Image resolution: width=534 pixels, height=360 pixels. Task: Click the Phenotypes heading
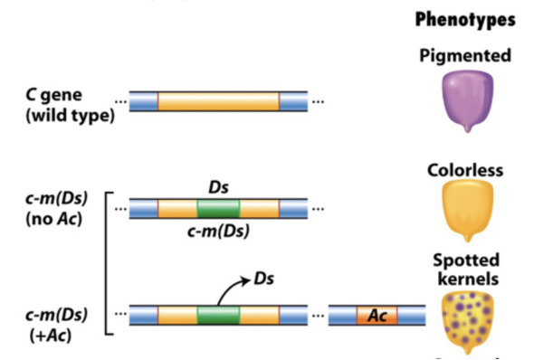[465, 19]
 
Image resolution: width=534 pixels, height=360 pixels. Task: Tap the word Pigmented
[465, 55]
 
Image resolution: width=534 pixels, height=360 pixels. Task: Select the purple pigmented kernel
[465, 101]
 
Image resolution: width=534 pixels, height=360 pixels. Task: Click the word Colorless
[465, 170]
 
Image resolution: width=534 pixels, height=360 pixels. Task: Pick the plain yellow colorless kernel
[465, 211]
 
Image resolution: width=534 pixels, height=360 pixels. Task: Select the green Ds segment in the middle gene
[218, 209]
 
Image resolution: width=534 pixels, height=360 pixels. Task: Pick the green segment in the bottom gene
[218, 317]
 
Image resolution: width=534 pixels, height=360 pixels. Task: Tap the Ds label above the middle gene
[218, 187]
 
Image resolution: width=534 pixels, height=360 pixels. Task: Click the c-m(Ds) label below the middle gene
[218, 232]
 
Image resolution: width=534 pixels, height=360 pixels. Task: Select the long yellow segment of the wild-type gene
[218, 101]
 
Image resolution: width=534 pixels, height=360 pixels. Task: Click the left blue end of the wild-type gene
[143, 101]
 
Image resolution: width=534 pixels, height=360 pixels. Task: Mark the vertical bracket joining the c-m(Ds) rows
[108, 262]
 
